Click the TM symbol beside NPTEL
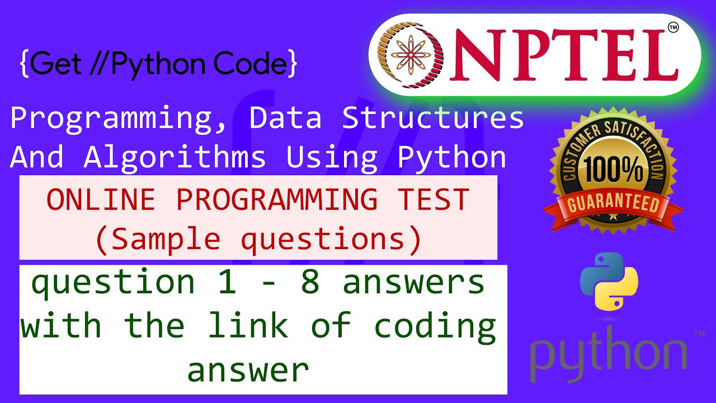tap(673, 28)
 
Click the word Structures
tap(432, 118)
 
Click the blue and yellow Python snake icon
tap(609, 281)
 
